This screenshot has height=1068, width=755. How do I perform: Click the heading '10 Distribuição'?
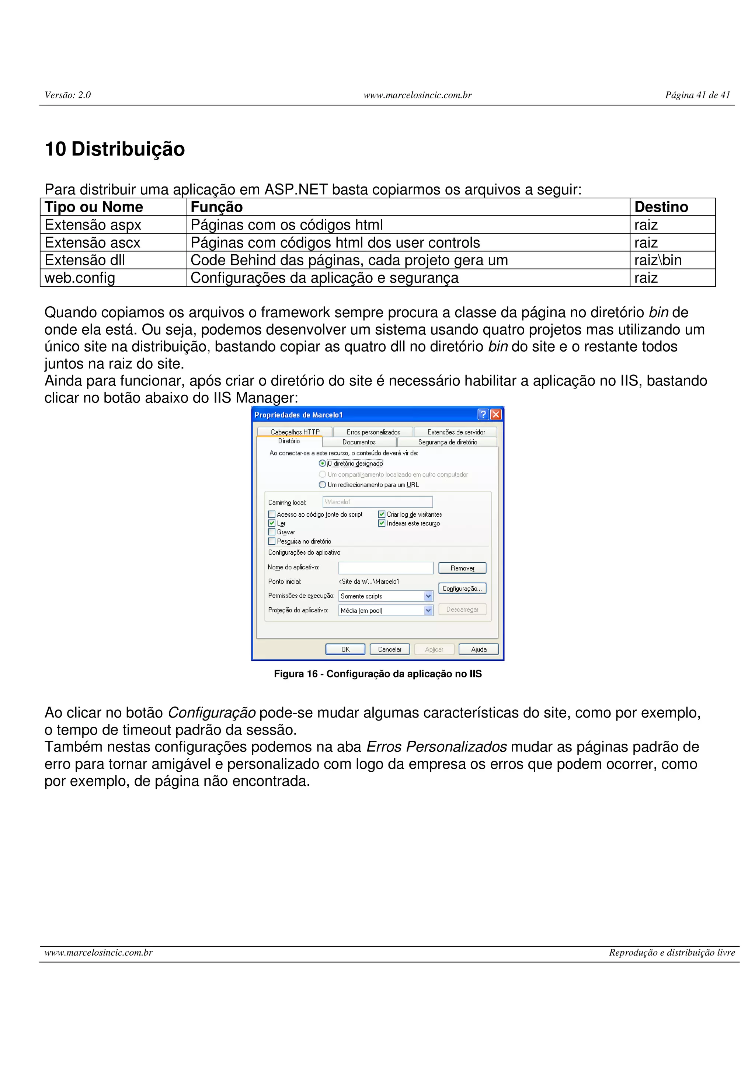pos(114,149)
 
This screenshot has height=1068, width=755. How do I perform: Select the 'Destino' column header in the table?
pos(661,207)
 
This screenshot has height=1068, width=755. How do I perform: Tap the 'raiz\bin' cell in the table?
pos(657,260)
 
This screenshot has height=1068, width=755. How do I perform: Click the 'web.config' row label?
pos(80,278)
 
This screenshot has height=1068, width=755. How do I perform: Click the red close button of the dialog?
pos(496,415)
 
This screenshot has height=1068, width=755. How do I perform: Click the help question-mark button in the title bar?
pos(483,415)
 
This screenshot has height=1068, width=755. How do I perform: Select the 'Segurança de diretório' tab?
pos(447,442)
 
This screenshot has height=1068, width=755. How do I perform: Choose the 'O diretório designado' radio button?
pos(322,463)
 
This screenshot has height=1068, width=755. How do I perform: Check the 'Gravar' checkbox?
pos(272,532)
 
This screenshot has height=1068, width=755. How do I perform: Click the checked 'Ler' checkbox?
pos(272,523)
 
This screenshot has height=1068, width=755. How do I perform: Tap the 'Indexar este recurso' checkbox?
pos(382,523)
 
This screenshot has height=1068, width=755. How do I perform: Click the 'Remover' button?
pos(462,568)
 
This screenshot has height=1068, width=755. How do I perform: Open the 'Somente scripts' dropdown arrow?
pos(428,596)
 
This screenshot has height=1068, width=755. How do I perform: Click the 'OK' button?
pos(345,649)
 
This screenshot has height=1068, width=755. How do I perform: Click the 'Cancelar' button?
pos(389,649)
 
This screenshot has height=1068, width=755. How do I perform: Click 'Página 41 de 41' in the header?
pos(697,95)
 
